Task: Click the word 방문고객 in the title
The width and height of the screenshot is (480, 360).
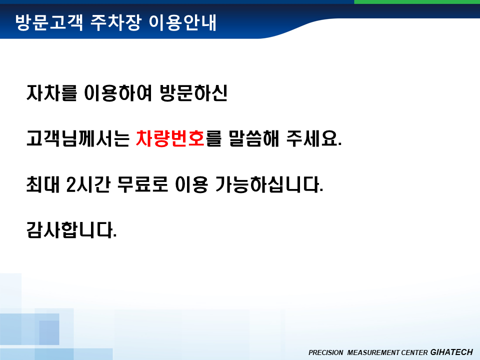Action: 49,22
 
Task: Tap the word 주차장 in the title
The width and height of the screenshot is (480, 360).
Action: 116,22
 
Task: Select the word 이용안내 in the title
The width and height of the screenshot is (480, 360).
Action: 182,22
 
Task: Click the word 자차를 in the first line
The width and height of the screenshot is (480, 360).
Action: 51,92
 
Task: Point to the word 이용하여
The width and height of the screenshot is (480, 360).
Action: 118,92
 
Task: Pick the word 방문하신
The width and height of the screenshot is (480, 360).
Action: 193,92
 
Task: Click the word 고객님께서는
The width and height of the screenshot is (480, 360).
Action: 78,138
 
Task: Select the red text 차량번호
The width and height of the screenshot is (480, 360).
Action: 170,138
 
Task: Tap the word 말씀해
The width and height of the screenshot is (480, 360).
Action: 254,138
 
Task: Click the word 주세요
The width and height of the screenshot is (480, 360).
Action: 314,138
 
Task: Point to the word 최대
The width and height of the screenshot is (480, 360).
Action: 43,184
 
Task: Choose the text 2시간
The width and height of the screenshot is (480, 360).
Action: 88,184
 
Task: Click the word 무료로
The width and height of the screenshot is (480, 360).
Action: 142,184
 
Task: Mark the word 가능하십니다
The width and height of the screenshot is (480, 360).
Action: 269,184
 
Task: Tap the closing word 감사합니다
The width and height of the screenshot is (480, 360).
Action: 71,230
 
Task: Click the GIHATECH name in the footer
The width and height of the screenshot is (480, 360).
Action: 451,352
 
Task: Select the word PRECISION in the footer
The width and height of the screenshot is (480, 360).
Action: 325,352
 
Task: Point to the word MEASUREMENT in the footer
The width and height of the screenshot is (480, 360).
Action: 373,352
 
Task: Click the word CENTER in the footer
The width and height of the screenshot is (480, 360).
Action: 414,352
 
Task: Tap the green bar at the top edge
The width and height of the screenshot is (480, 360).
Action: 417,2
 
